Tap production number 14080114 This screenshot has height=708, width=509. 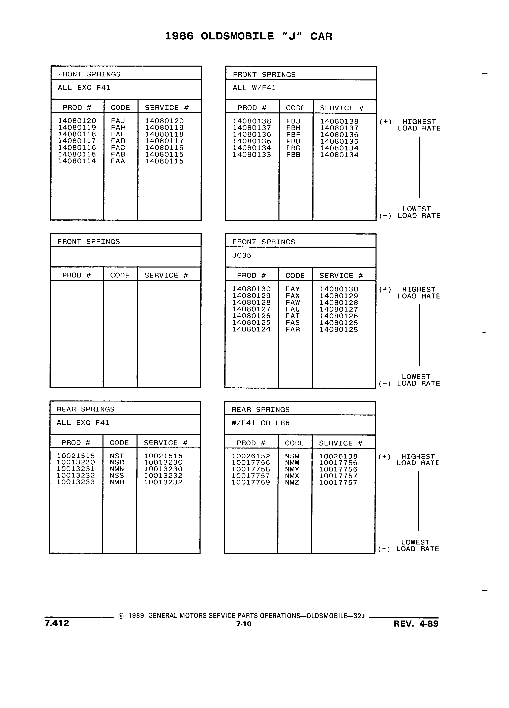[x=77, y=161]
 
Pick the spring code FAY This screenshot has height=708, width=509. [x=293, y=289]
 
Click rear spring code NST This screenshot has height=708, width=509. [x=117, y=456]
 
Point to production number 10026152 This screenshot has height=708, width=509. [x=251, y=456]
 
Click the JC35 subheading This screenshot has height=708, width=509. [x=242, y=255]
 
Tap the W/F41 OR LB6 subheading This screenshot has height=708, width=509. [x=261, y=423]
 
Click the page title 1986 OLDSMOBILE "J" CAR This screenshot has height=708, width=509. [x=248, y=36]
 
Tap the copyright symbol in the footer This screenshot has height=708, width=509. [x=121, y=616]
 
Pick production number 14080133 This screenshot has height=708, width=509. [x=252, y=154]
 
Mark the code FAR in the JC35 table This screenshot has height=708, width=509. [x=293, y=329]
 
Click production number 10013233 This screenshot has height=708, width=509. [x=76, y=482]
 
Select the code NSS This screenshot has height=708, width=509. [x=117, y=475]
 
